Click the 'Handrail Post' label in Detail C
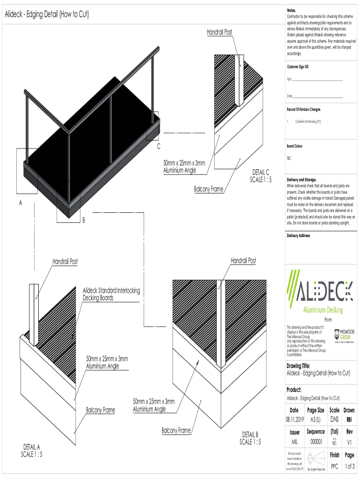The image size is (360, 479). (219, 32)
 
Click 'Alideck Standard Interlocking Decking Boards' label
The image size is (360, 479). (111, 294)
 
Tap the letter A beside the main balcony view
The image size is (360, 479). (21, 203)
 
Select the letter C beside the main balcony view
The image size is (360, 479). (158, 147)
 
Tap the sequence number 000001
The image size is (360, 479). (319, 441)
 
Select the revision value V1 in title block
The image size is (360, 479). (349, 441)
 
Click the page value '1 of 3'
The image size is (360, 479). (349, 466)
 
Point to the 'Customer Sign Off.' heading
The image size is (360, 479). (298, 67)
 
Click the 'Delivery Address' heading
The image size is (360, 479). (298, 236)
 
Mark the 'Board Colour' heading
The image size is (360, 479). (295, 146)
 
